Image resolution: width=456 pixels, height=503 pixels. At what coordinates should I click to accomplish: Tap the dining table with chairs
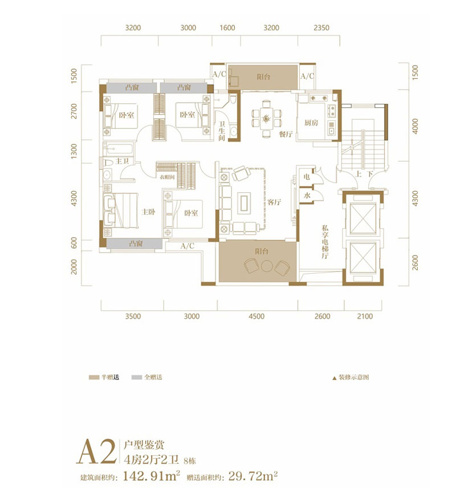(x=266, y=119)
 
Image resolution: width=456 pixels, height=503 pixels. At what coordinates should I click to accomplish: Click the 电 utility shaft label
(x=307, y=177)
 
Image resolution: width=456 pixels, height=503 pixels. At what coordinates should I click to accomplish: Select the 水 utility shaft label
(x=307, y=196)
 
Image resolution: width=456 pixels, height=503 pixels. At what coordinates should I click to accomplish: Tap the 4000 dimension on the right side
(x=416, y=125)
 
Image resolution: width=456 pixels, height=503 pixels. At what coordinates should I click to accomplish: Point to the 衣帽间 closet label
(x=166, y=177)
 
